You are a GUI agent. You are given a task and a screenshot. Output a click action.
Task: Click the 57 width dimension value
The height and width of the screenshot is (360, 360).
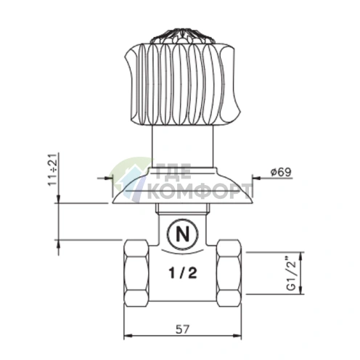(183, 329)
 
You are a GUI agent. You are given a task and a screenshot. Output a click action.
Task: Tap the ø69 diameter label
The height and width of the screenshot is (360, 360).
(281, 172)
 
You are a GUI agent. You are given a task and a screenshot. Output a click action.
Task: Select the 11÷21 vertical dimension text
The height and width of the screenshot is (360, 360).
(53, 169)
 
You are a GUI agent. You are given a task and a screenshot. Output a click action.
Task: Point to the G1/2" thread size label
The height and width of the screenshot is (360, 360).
(292, 274)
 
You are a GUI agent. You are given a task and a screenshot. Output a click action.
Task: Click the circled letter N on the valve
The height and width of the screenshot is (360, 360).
(182, 234)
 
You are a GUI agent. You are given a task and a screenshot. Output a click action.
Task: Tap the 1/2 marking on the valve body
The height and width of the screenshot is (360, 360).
(183, 274)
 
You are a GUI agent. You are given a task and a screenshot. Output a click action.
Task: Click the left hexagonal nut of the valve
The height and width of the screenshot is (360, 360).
(136, 274)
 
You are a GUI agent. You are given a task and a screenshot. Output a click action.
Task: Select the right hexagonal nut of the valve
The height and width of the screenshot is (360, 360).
(229, 274)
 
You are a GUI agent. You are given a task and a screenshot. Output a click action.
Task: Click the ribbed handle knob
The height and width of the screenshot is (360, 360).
(183, 84)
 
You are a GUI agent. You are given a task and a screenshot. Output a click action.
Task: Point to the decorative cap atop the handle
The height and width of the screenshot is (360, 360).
(183, 36)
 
